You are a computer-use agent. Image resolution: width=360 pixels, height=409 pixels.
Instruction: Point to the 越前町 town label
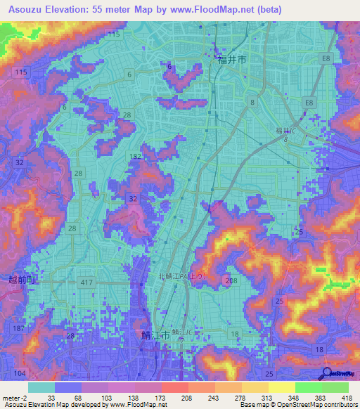(14, 280)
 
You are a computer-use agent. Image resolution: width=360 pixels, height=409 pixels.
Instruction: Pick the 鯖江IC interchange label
(182, 330)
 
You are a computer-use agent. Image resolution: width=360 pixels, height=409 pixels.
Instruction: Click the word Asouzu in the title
(26, 9)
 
